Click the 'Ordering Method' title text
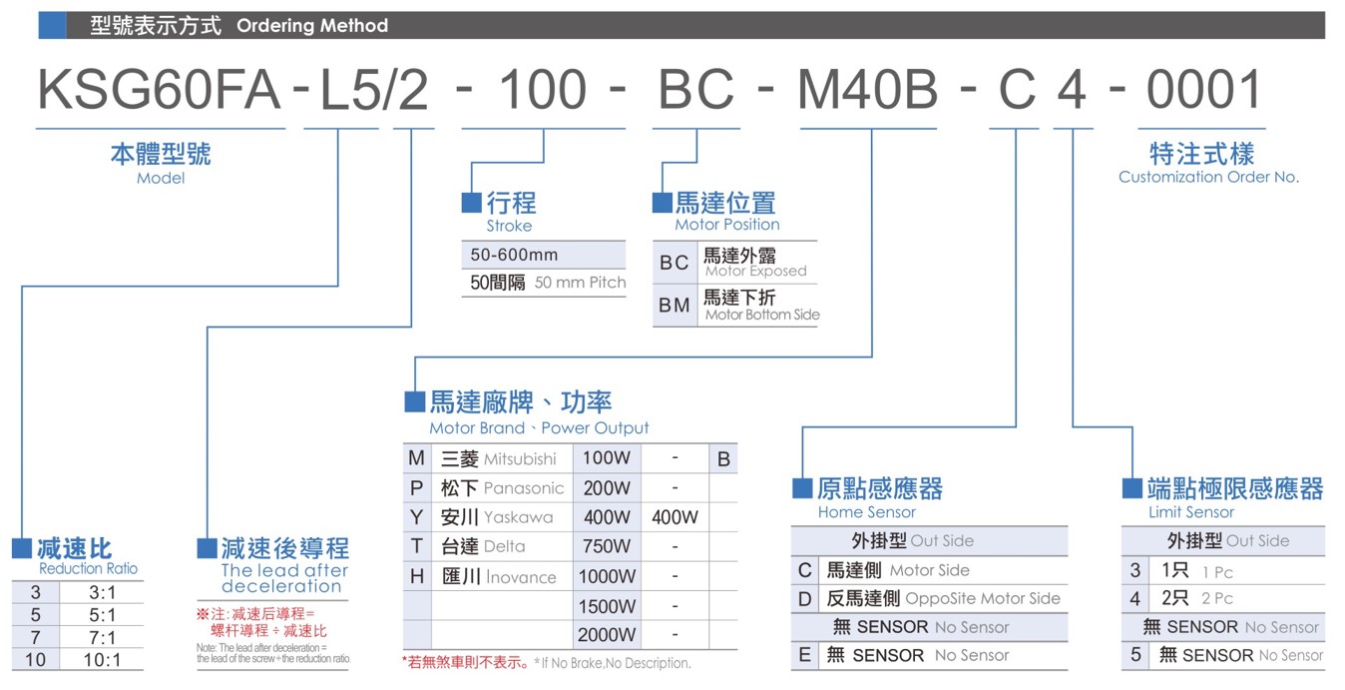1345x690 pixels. [x=311, y=25]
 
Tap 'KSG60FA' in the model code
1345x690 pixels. [x=159, y=89]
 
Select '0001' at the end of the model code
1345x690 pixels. [x=1203, y=89]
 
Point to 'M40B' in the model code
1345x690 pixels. [x=867, y=89]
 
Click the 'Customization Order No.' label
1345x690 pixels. [x=1208, y=177]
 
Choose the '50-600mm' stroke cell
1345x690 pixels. [x=514, y=255]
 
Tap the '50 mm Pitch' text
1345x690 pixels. [x=580, y=283]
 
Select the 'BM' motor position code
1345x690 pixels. [x=673, y=306]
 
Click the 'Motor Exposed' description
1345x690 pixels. [x=756, y=271]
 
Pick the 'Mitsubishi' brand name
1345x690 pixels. [x=520, y=459]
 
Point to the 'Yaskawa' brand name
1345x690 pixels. [x=518, y=517]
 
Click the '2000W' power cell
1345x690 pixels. [x=607, y=635]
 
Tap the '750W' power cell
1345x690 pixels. [x=607, y=546]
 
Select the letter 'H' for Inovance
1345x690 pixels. [x=417, y=576]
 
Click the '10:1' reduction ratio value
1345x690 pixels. [x=102, y=660]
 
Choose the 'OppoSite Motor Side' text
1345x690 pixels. [x=983, y=599]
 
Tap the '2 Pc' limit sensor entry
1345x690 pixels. [x=1217, y=599]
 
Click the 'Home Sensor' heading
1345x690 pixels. [x=866, y=512]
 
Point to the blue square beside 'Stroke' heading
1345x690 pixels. [x=471, y=203]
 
